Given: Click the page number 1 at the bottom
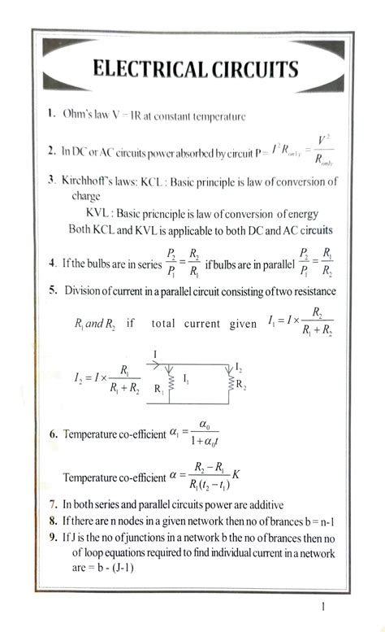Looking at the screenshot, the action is tap(322, 606).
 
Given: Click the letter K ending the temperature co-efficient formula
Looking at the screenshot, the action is tap(236, 473).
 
